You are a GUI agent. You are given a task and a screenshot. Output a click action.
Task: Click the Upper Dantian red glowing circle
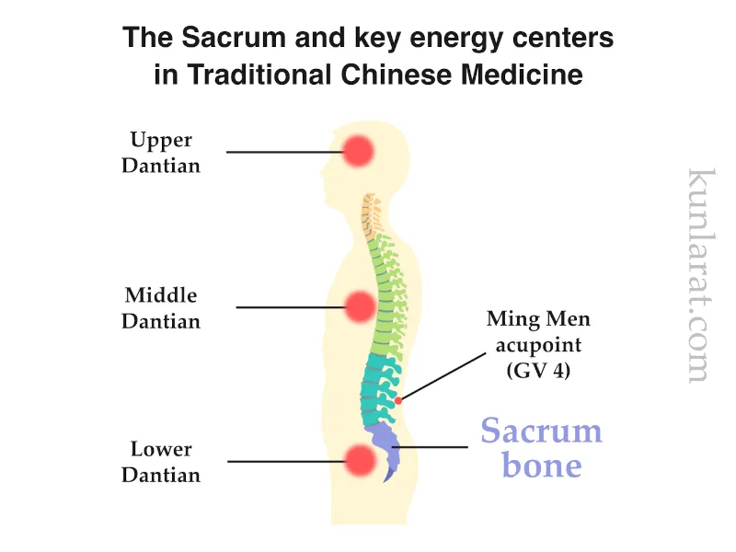358,150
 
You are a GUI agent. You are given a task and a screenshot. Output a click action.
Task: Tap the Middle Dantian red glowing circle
358,306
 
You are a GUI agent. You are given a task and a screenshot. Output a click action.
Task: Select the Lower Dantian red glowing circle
358,460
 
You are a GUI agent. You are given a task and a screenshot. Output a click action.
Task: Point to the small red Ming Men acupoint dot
398,400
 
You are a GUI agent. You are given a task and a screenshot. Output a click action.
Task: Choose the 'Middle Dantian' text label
162,308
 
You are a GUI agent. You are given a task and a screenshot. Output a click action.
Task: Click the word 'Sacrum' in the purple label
541,431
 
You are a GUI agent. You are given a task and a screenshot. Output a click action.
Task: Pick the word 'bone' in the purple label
541,465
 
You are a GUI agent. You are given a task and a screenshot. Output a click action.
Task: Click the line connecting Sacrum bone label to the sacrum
432,448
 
